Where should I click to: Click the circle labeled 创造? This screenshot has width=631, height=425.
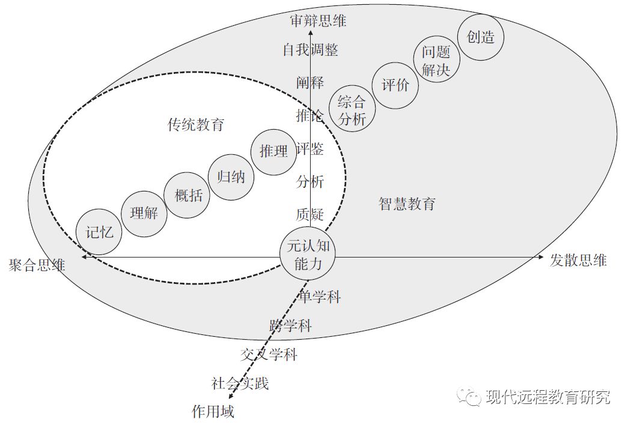click(481, 37)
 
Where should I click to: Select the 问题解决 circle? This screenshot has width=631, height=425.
click(436, 61)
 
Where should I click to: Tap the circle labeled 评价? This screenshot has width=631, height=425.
click(395, 85)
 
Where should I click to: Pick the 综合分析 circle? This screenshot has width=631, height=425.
click(352, 110)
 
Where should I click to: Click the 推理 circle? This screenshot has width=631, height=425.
click(274, 151)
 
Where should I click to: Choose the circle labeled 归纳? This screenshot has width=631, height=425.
click(231, 177)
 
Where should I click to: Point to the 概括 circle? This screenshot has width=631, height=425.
click(188, 195)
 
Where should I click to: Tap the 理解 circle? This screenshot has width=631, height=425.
click(144, 213)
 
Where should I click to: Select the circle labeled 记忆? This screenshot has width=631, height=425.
click(99, 232)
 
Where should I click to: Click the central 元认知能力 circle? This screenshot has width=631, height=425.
click(308, 255)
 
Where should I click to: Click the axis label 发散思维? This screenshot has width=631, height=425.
click(578, 260)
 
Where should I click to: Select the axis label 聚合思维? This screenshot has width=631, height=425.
click(37, 265)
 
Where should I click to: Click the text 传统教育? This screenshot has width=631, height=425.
click(196, 125)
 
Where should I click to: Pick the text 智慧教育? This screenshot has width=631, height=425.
click(407, 203)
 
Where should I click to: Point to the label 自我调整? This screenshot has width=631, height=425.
click(311, 50)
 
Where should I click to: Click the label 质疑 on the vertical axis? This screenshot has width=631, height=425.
click(310, 214)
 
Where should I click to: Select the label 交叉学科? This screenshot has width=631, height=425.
click(269, 355)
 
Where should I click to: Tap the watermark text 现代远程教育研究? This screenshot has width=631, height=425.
click(547, 397)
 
